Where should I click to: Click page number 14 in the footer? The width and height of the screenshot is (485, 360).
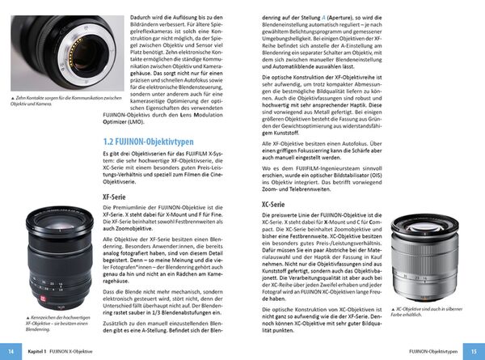(x=12, y=350)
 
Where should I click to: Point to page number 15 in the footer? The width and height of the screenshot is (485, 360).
(x=473, y=350)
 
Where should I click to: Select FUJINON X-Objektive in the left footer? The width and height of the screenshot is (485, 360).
(x=90, y=350)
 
